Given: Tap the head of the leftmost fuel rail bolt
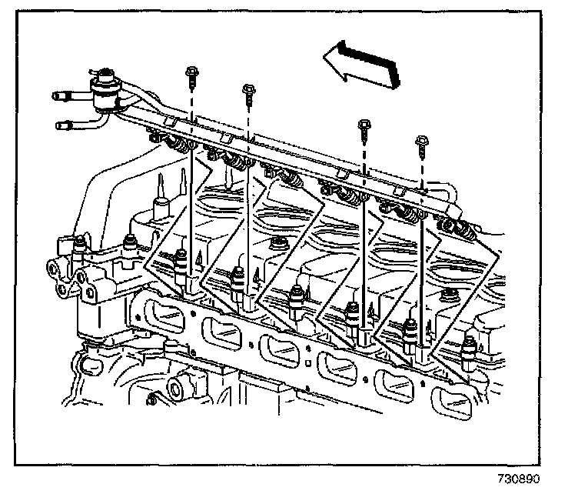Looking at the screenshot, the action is point(190,75).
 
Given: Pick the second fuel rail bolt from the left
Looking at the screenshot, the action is point(248,93).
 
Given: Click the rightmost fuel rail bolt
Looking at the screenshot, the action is point(420,142).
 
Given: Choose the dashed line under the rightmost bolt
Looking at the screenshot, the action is point(421,165).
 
